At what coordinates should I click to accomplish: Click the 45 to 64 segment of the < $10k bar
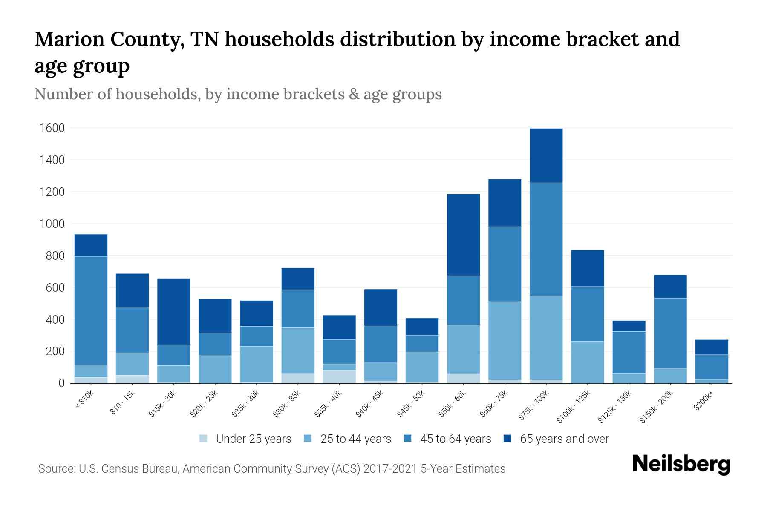pos(91,310)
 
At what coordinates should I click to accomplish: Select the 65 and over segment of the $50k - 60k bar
pos(463,235)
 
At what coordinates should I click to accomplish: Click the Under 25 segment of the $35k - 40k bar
pos(339,376)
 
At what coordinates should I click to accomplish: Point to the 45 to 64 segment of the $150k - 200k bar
pos(670,333)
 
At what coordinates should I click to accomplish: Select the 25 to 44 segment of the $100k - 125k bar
pos(587,362)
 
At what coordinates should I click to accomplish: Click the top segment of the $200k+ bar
pos(712,347)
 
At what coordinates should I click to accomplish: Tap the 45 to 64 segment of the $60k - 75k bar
pos(505,264)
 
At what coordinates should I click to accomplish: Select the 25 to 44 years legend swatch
pos(308,438)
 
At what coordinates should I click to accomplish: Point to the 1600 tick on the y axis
pos(52,128)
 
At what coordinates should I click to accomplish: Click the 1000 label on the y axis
pos(52,224)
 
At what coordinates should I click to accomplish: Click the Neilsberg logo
pos(681,464)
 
